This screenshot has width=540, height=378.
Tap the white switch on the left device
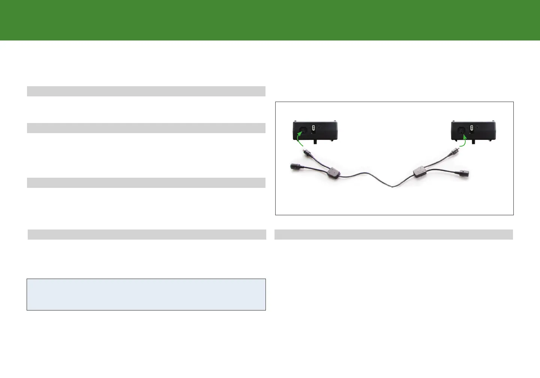[x=313, y=129]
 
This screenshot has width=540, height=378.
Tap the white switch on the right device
[x=471, y=128]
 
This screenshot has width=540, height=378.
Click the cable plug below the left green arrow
[x=307, y=153]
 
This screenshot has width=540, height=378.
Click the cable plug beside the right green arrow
[x=453, y=151]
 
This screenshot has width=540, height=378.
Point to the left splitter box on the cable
[x=333, y=172]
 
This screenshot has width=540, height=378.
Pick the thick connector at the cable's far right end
[x=463, y=174]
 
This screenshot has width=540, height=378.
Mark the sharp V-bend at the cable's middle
[x=391, y=187]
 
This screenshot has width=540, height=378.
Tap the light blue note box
[x=146, y=294]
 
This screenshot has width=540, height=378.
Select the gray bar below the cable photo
[x=394, y=234]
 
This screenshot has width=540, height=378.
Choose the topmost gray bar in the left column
[x=146, y=91]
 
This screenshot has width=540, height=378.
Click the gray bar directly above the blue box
[x=147, y=234]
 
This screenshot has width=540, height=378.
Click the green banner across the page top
[x=270, y=20]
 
